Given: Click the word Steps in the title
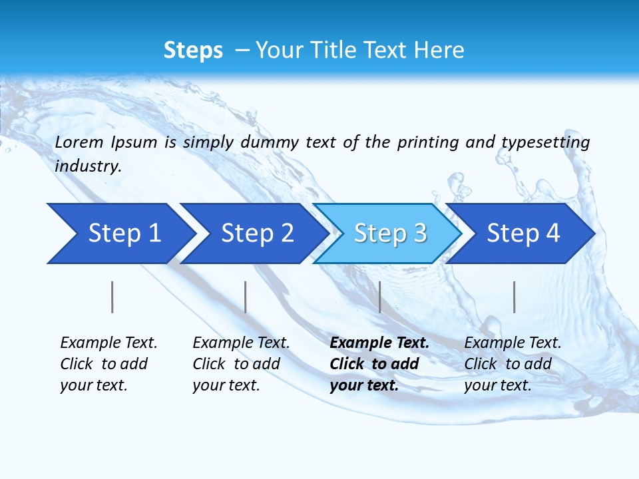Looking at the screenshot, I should click(193, 51).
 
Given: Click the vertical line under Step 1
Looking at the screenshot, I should click(112, 297).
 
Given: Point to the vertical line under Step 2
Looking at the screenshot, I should click(245, 297).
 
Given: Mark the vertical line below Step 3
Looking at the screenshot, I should click(379, 297).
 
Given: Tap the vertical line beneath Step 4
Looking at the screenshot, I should click(514, 297).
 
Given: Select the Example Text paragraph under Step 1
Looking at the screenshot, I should click(108, 363).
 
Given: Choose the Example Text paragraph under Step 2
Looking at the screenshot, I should click(241, 363).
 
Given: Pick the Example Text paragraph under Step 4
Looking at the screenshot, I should click(513, 363).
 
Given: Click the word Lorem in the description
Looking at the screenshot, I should click(79, 142).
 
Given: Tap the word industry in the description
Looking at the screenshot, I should click(88, 166).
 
